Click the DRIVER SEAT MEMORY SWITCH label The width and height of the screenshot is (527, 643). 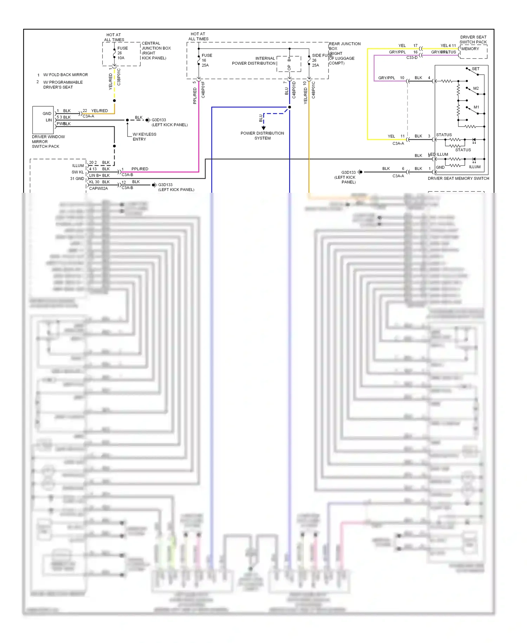click(x=458, y=178)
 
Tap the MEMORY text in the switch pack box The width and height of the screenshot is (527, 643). click(x=470, y=49)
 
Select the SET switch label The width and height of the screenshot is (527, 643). click(x=475, y=69)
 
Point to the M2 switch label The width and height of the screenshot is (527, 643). click(x=476, y=88)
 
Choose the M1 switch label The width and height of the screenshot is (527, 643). click(x=476, y=107)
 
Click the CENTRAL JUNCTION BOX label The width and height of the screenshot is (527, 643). click(x=156, y=51)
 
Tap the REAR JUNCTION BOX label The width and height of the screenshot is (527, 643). click(x=344, y=46)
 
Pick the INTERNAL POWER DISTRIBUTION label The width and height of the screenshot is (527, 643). click(x=254, y=61)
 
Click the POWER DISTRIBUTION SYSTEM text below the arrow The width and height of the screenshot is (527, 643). click(x=262, y=136)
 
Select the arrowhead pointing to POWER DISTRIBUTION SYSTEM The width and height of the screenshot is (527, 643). click(x=263, y=128)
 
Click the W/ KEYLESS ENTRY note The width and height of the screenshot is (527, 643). click(x=144, y=137)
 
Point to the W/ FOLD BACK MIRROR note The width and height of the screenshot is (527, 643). click(x=65, y=75)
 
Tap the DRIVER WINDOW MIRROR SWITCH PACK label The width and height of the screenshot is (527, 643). click(x=48, y=142)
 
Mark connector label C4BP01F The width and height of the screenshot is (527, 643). click(x=203, y=90)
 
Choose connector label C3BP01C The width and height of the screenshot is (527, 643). click(x=119, y=77)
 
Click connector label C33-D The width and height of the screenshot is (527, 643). click(x=412, y=58)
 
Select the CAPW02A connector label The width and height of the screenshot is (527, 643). click(x=98, y=189)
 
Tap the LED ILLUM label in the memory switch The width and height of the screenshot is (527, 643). click(x=438, y=154)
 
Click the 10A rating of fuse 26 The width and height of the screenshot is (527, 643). click(x=121, y=58)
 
